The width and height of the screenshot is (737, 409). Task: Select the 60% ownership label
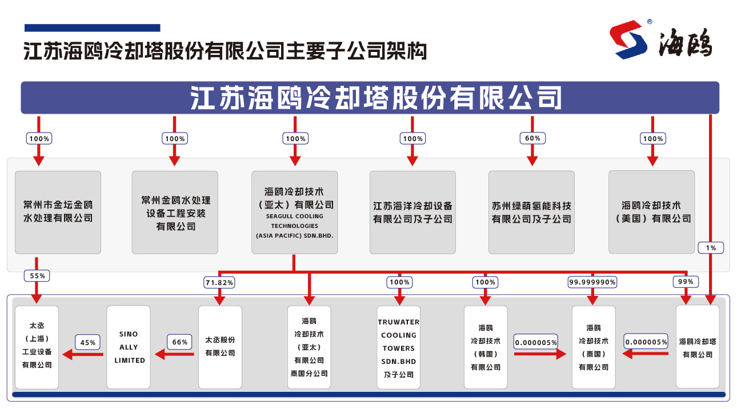[532, 138]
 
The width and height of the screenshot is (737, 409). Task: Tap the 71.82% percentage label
[219, 282]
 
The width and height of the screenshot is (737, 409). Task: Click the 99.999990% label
[592, 282]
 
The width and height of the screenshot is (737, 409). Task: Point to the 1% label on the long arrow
[711, 247]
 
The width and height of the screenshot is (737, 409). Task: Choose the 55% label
[37, 275]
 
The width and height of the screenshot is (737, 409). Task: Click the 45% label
[88, 342]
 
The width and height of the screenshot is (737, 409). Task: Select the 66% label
[179, 342]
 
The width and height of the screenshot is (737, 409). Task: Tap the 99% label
[686, 282]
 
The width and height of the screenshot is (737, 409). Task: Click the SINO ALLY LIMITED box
[129, 347]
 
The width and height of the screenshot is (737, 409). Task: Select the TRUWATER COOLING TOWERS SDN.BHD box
[399, 347]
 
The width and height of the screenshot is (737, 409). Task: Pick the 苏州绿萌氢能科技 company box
[531, 212]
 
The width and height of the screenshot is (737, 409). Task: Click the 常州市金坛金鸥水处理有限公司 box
[58, 212]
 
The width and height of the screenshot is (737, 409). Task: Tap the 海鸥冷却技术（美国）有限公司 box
[652, 212]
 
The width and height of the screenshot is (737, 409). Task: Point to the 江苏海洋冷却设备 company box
[412, 212]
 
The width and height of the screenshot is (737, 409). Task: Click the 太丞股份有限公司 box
[220, 347]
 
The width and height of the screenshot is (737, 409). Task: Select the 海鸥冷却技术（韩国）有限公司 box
[486, 347]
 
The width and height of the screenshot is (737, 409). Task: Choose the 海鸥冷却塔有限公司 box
[698, 347]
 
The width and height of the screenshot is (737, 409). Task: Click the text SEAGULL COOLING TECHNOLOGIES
[294, 220]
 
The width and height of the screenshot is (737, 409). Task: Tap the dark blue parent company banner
[370, 98]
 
